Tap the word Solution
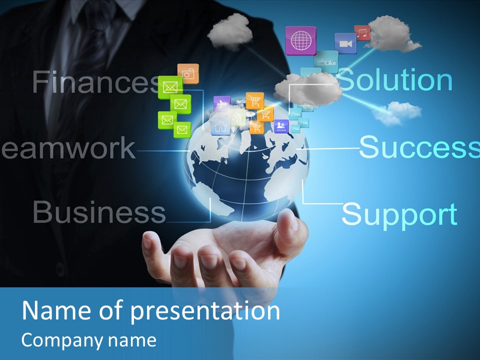pyautogui.click(x=395, y=79)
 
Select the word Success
pyautogui.click(x=419, y=146)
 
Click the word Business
pyautogui.click(x=99, y=212)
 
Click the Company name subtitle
pyautogui.click(x=89, y=340)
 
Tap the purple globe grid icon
pyautogui.click(x=300, y=40)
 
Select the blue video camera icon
pyautogui.click(x=345, y=43)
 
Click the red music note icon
pyautogui.click(x=362, y=33)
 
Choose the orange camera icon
pyautogui.click(x=188, y=74)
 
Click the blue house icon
pyautogui.click(x=220, y=125)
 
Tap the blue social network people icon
pyautogui.click(x=281, y=126)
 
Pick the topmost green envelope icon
pyautogui.click(x=170, y=87)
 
